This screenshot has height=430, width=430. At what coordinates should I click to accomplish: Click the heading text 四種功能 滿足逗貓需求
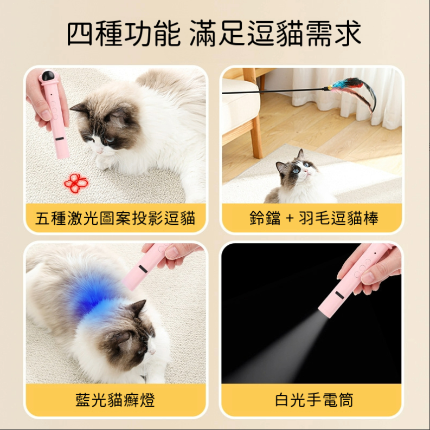click(x=214, y=34)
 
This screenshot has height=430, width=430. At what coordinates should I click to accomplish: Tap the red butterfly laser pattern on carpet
click(x=76, y=182)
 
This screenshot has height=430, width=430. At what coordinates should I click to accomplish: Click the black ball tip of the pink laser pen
click(x=48, y=75)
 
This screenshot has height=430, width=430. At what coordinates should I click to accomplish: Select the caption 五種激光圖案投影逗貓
click(x=115, y=218)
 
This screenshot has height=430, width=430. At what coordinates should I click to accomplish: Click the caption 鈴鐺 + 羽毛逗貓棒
click(x=314, y=218)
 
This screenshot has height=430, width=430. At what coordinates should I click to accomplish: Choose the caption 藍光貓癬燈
click(x=115, y=400)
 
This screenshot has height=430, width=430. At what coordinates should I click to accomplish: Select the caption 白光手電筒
click(x=314, y=400)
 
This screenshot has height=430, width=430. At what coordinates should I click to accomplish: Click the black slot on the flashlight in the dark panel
click(x=339, y=296)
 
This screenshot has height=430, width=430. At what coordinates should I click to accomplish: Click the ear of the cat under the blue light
click(x=139, y=308)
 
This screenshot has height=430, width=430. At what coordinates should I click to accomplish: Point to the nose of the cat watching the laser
click(x=100, y=149)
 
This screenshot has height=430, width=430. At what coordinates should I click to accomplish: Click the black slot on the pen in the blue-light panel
click(x=143, y=269)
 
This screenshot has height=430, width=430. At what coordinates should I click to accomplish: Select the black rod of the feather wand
click(x=274, y=91)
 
